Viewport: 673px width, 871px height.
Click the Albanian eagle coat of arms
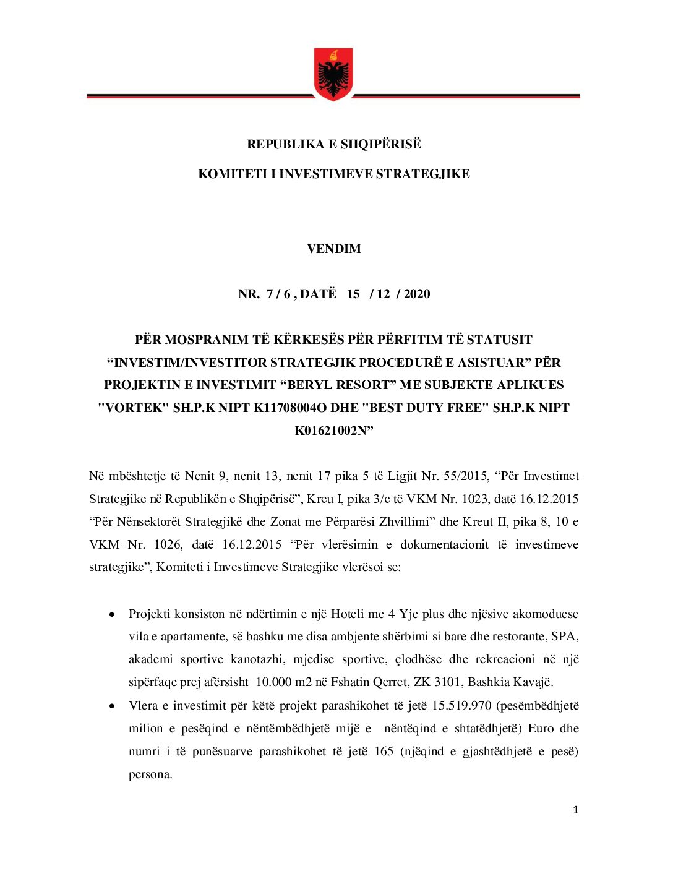333,74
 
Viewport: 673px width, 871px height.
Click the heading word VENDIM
334,249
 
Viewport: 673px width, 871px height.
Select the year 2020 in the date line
417,294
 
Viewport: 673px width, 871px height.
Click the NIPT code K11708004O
292,408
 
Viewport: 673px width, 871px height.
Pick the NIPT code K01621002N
332,431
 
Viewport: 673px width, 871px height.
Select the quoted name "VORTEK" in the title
134,408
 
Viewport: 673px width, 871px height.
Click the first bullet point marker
112,615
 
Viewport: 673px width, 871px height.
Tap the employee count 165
384,752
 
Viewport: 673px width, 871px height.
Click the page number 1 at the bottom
576,810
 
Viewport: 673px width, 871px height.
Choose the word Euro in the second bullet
541,729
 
